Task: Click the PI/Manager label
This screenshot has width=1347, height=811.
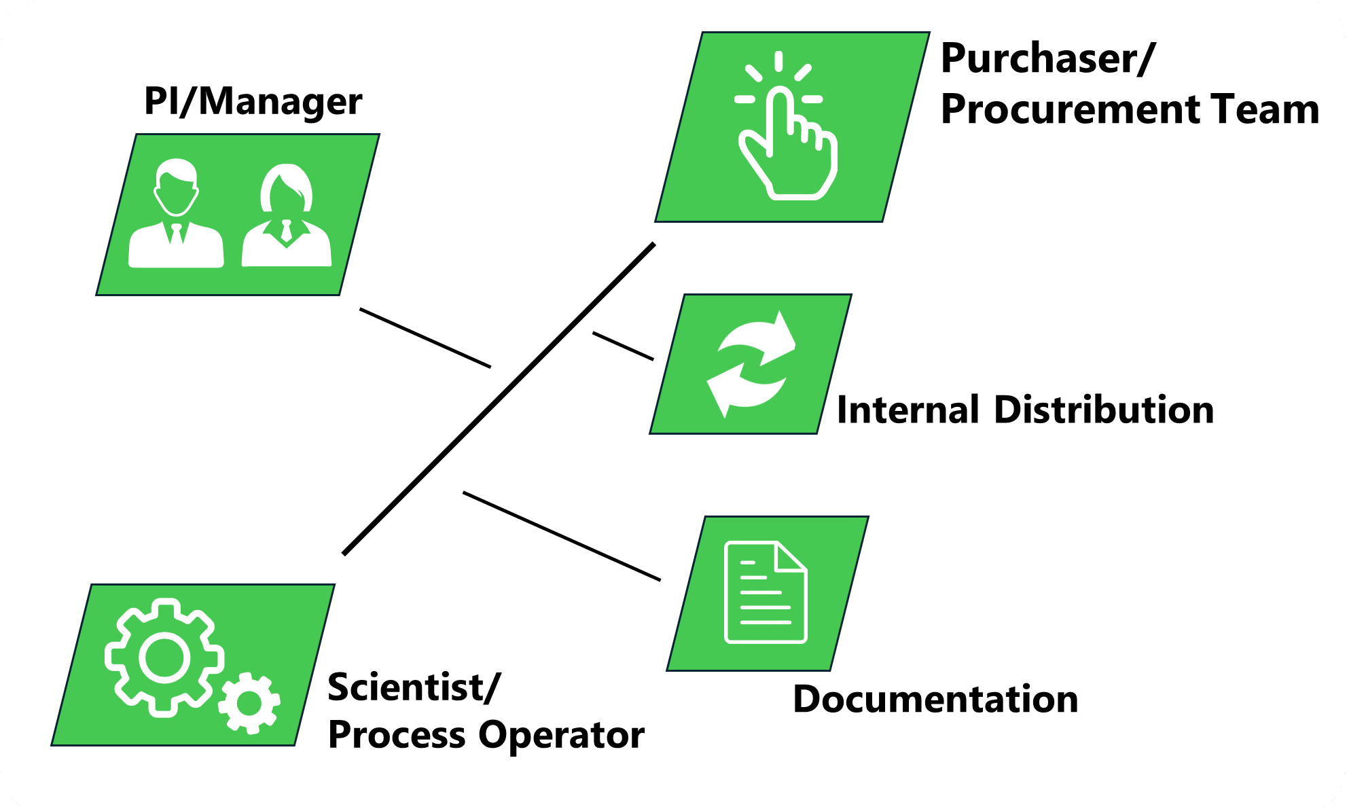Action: coord(253,102)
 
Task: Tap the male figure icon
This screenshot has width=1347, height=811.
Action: coord(176,214)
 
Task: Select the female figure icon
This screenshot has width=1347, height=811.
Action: coord(287,215)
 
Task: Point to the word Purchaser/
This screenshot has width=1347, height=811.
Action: coord(1047,59)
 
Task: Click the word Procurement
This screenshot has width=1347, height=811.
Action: coord(1067,110)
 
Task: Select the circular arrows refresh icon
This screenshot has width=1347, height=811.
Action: coord(751,365)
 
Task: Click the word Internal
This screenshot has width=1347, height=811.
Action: coord(908,410)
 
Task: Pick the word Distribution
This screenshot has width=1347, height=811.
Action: coord(1104,410)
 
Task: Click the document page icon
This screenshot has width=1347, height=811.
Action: coord(766,592)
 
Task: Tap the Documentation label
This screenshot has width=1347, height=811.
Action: coord(935,700)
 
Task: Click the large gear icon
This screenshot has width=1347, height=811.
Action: coord(164,657)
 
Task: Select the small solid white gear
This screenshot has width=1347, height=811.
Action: coord(249,703)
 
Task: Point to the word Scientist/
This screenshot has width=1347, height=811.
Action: coord(414,687)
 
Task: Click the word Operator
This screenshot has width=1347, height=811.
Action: coord(561,736)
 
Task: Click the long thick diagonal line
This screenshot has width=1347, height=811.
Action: coord(499,399)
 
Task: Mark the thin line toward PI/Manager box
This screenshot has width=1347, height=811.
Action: coord(425,338)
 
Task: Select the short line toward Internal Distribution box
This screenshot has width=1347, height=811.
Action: coord(623,346)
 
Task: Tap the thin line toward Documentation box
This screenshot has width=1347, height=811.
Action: coord(561,536)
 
